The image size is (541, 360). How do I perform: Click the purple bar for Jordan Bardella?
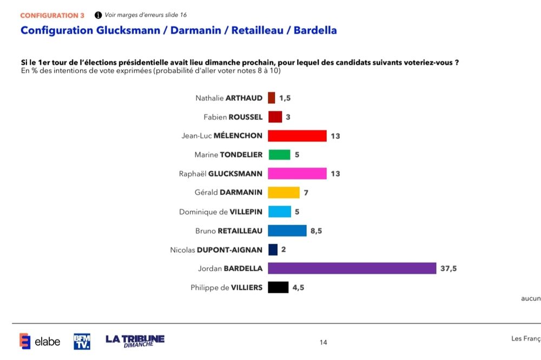click(x=352, y=269)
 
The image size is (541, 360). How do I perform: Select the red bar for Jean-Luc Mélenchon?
click(x=297, y=136)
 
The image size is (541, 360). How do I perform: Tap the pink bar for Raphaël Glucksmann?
click(x=297, y=174)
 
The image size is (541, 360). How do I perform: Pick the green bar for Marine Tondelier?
click(x=279, y=155)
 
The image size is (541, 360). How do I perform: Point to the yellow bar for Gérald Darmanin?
click(x=283, y=193)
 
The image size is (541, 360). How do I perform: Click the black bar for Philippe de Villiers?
click(x=278, y=287)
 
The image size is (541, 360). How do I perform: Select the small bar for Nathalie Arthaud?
click(x=272, y=98)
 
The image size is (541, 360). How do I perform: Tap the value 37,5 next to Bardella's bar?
click(x=448, y=269)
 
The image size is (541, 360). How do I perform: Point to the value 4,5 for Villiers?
click(x=298, y=287)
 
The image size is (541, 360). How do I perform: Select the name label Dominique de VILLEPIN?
click(x=221, y=212)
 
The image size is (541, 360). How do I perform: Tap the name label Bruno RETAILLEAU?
click(x=229, y=231)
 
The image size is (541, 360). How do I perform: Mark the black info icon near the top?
click(x=98, y=15)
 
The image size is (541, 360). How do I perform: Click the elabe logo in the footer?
click(x=39, y=341)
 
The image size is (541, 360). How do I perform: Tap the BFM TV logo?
click(x=82, y=341)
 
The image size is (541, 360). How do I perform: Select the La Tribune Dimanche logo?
click(x=135, y=341)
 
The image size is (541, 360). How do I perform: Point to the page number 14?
click(x=324, y=342)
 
